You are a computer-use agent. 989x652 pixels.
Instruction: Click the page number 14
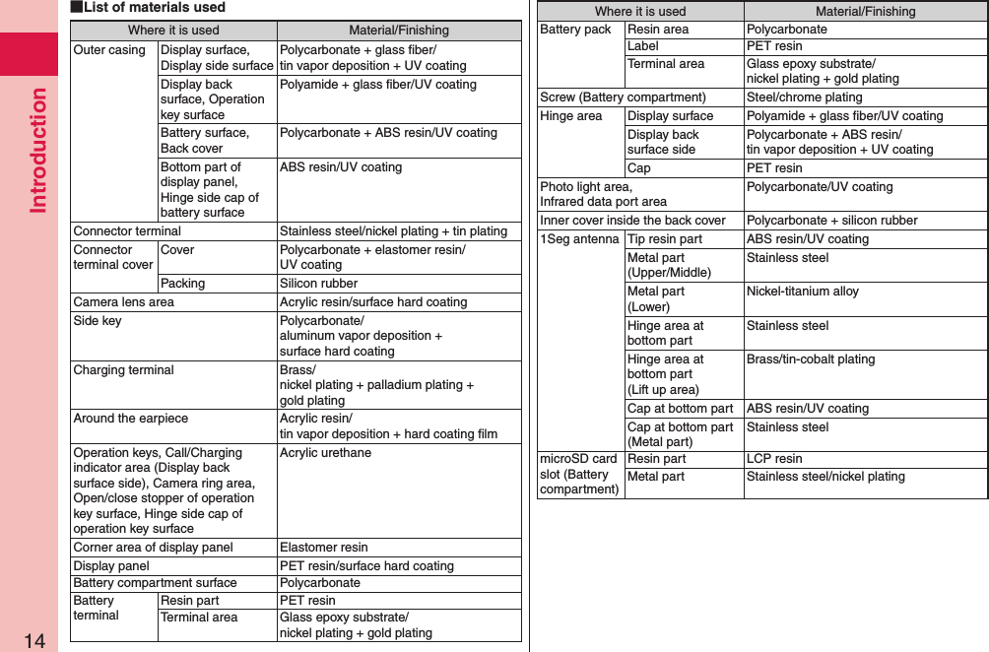[34, 640]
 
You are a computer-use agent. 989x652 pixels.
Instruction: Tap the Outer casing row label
[109, 50]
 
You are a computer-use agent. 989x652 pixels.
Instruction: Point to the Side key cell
[98, 321]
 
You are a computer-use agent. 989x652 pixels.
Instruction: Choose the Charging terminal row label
[124, 370]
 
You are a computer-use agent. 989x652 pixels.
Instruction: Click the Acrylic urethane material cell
[326, 453]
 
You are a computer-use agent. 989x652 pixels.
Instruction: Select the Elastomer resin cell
[324, 548]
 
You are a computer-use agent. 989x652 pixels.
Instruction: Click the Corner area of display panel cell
[154, 548]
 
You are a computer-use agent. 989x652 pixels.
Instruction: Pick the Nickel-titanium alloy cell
[803, 292]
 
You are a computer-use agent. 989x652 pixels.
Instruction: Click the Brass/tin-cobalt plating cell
[811, 359]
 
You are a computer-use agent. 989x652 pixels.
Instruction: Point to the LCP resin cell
[774, 459]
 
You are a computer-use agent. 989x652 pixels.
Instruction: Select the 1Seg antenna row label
[580, 239]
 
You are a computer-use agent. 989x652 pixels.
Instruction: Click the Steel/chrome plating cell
[805, 98]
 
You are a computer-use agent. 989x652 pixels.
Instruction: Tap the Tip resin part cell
[665, 239]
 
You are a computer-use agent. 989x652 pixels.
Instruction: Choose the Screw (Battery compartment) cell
[623, 98]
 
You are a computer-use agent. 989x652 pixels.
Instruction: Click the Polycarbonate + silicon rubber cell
[832, 221]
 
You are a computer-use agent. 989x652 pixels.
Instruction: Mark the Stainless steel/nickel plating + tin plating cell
[394, 231]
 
